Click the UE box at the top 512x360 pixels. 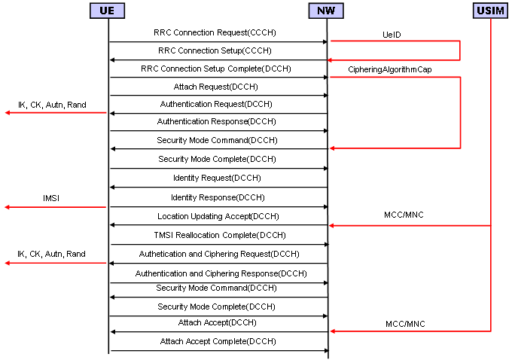[x=107, y=11]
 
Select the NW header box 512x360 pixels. [x=326, y=11]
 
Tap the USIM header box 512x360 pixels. [x=490, y=11]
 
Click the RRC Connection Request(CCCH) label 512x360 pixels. [x=215, y=32]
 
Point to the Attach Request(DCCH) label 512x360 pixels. [x=216, y=87]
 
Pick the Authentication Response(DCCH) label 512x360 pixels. [x=217, y=121]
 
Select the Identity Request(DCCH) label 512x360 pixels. [x=217, y=178]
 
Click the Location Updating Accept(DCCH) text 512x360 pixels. [x=218, y=216]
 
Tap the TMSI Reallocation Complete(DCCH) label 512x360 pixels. [x=220, y=235]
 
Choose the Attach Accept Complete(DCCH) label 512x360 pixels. [x=218, y=341]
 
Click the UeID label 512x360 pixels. [x=392, y=35]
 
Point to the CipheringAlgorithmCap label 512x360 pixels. [x=390, y=69]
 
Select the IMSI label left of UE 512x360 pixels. [x=51, y=198]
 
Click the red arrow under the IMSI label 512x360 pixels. [x=56, y=207]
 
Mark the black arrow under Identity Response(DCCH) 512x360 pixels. [x=219, y=207]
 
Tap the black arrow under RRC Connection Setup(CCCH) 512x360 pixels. [x=219, y=60]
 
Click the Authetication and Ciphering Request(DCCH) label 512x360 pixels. [x=219, y=254]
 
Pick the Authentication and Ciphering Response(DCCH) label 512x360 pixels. [x=221, y=273]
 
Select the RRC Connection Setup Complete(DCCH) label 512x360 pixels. [x=216, y=69]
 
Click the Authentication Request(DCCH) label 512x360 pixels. [x=216, y=104]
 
